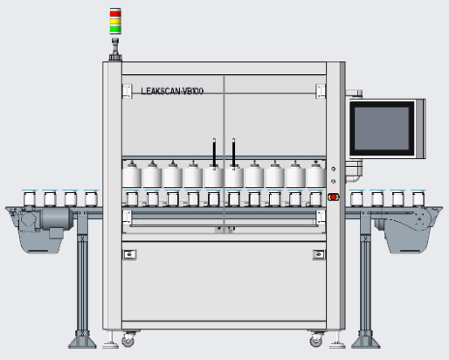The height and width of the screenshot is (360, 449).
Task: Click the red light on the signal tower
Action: (115, 13)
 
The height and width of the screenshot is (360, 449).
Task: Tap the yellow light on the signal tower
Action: (115, 22)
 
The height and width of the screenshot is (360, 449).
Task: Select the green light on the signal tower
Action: (115, 29)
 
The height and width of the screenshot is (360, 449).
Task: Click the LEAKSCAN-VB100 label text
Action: (172, 91)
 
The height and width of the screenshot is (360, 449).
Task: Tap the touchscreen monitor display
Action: (382, 128)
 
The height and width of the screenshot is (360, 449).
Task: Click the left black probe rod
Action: (214, 153)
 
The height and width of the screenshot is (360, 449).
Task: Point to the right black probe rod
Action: (233, 153)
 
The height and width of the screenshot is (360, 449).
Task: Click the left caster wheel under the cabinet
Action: (128, 340)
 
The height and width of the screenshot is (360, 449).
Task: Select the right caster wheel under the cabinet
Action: (316, 340)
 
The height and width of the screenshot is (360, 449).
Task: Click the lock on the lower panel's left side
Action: (129, 254)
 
